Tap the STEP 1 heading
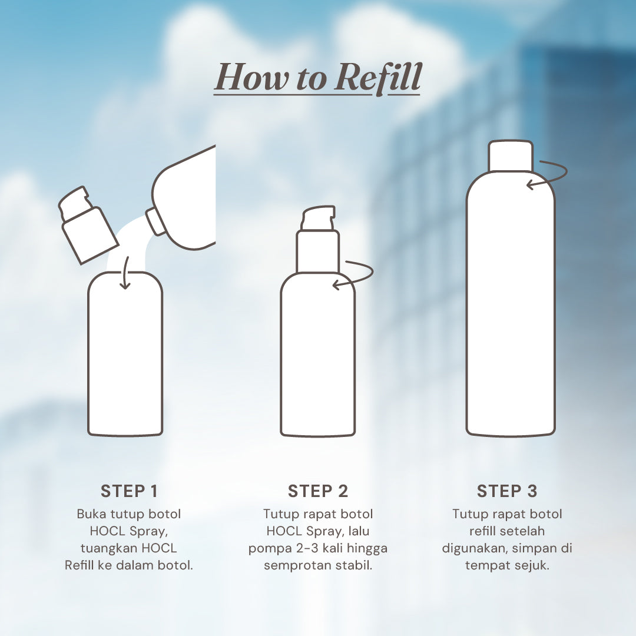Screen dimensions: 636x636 (129, 491)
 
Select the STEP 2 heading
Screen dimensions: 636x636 (318, 491)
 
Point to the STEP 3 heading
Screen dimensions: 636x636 (507, 491)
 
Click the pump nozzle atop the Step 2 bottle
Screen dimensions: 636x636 (318, 218)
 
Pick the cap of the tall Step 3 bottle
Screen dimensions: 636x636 (511, 156)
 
